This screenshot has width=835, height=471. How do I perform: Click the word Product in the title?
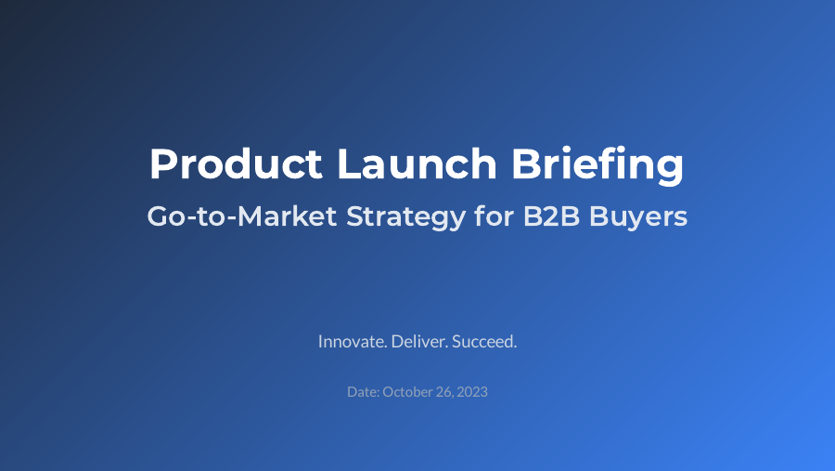point(236,164)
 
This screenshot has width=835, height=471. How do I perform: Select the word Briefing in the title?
point(597,164)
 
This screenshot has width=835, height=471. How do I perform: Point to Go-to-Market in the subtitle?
point(240,217)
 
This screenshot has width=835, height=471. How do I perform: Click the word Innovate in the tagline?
point(353,342)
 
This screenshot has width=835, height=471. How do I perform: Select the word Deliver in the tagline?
point(419,342)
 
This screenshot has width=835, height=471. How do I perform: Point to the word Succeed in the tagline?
point(484,342)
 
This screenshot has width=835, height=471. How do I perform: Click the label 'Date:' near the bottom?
point(363,392)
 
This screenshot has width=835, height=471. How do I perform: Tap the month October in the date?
point(407,392)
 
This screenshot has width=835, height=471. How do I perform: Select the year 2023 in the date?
point(472,392)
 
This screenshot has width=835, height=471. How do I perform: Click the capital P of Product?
point(162,164)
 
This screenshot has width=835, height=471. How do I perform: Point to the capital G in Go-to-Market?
point(159,217)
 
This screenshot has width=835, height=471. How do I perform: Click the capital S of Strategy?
point(353,217)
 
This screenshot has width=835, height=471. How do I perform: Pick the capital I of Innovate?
point(320,342)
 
